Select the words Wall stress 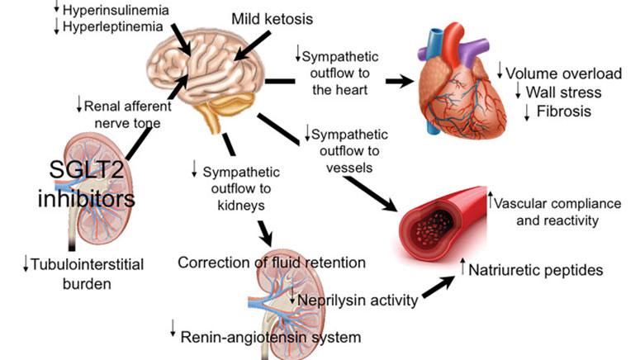pos(564,92)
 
